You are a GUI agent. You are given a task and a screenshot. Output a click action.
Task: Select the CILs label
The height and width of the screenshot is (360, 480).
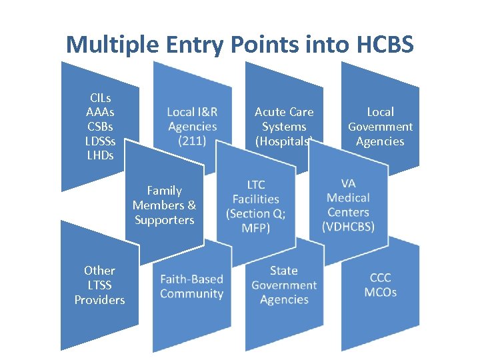[x=100, y=97]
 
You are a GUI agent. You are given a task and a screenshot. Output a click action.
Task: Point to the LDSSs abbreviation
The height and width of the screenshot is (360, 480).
[x=100, y=141]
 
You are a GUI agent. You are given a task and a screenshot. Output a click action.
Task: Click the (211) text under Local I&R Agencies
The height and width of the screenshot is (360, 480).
[x=192, y=141]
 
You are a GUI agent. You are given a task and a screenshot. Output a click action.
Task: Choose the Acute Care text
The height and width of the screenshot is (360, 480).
[x=284, y=112]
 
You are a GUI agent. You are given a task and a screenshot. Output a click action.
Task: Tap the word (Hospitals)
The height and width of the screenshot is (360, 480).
[x=284, y=141]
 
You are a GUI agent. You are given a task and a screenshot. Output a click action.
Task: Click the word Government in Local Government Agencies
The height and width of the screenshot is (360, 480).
[x=380, y=127]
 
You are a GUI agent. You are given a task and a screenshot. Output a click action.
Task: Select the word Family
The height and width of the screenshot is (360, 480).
[x=164, y=191]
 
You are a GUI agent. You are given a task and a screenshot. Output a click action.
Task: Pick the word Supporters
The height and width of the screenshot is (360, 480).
[x=164, y=220]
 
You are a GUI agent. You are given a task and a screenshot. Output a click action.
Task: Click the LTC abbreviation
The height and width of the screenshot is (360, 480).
[x=256, y=184]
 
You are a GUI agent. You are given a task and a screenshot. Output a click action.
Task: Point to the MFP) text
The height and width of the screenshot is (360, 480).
[x=256, y=228]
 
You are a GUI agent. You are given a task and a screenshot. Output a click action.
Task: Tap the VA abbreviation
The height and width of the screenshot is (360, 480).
[x=348, y=183]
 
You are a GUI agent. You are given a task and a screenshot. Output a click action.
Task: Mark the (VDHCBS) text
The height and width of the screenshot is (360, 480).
[x=348, y=227]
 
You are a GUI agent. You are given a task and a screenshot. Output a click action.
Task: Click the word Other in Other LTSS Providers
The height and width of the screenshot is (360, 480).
[x=99, y=271]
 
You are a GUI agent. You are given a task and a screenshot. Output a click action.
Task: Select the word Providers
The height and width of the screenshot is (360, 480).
[x=99, y=300]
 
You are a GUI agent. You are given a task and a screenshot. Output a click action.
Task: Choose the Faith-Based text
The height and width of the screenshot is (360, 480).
[x=191, y=279]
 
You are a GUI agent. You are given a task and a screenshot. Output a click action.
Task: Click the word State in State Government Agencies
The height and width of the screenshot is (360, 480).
[x=284, y=271]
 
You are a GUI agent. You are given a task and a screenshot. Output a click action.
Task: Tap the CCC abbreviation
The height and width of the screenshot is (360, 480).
[x=381, y=278]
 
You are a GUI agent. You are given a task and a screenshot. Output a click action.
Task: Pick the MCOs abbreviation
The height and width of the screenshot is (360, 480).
[x=381, y=293]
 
